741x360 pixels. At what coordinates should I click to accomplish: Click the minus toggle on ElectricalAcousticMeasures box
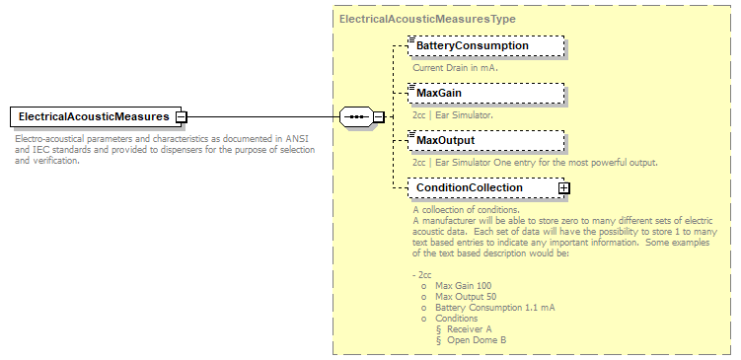[182, 117]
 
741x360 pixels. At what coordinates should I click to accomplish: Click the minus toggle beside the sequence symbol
[378, 117]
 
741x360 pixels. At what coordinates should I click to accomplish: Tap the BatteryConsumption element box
[486, 46]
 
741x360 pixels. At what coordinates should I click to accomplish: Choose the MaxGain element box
[486, 94]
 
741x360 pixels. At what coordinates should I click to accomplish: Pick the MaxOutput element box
[486, 141]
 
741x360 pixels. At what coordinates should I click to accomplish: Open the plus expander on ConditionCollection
[564, 187]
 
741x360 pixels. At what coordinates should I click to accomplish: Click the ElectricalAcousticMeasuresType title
[426, 19]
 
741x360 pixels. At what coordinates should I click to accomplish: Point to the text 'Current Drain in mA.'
[455, 68]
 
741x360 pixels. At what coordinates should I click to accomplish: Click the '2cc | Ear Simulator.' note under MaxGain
[453, 115]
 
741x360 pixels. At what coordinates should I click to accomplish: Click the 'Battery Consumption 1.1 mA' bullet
[494, 308]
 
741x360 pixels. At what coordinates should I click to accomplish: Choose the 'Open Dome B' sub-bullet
[477, 340]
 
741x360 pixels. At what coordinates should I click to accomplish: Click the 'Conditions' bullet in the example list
[456, 319]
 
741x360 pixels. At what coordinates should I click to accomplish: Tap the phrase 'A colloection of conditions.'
[466, 210]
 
